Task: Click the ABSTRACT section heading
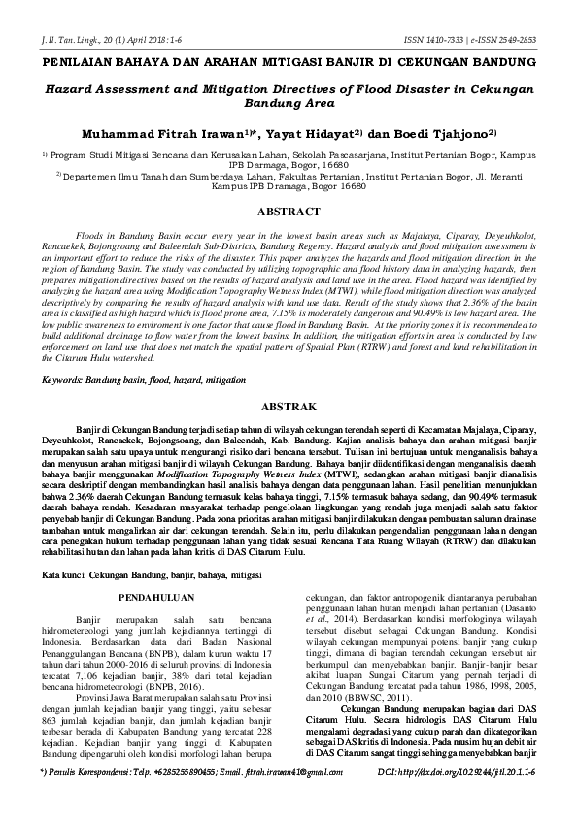[x=289, y=211]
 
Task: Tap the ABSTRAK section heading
[x=289, y=408]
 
